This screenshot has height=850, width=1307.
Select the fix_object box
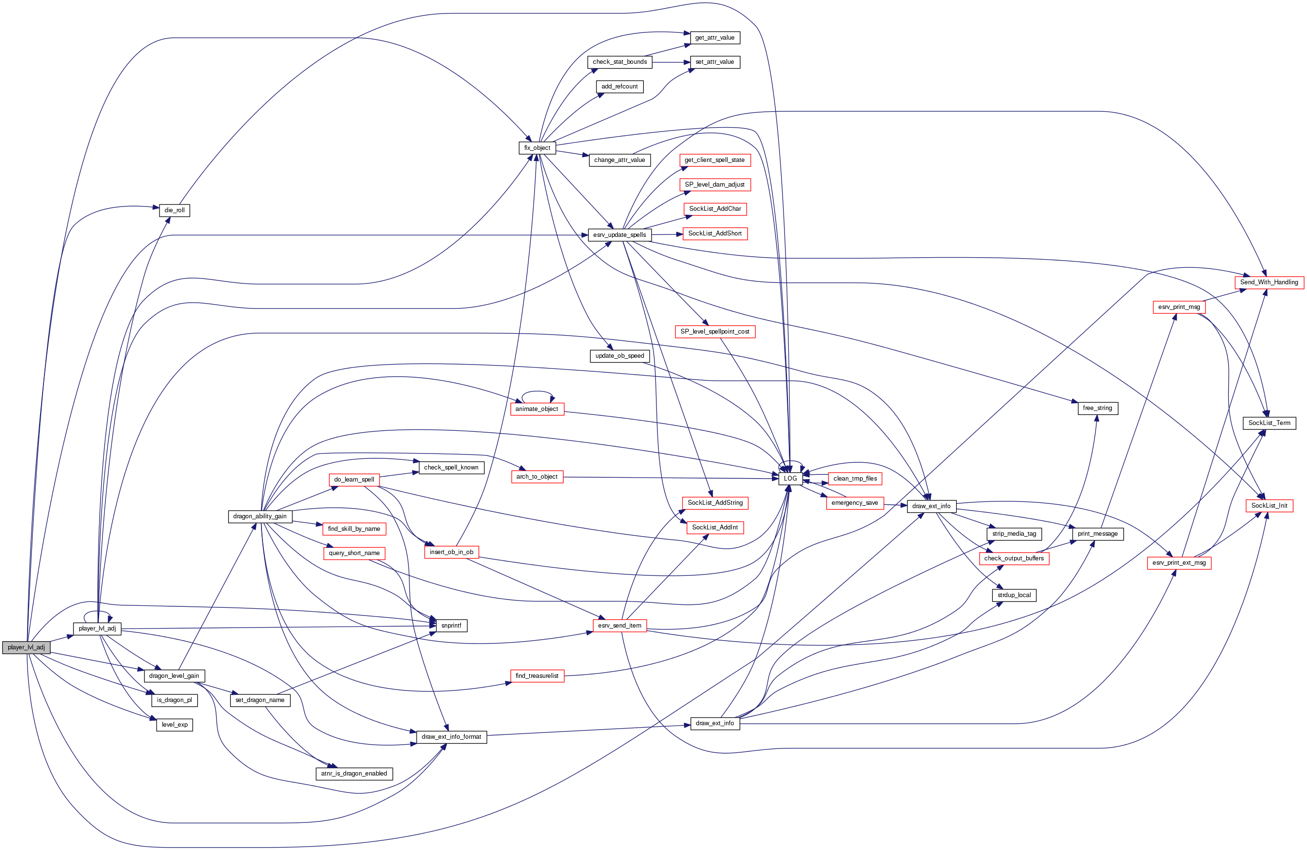pos(537,148)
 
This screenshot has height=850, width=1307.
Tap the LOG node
pos(790,479)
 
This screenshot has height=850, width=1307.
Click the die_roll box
pos(174,210)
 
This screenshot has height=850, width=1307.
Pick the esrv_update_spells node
pos(620,234)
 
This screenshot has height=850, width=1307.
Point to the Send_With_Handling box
pos(1269,282)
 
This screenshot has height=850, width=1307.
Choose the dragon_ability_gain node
pos(260,516)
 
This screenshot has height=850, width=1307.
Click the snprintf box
pos(451,625)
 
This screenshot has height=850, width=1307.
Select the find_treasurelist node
pos(537,676)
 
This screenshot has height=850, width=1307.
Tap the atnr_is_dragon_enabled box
pos(354,774)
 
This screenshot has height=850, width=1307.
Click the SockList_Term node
pos(1269,423)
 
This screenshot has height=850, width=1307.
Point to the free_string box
pos(1098,408)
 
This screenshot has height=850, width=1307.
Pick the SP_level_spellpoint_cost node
pos(715,332)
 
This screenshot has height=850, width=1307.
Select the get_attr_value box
pos(714,38)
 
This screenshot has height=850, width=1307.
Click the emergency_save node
pos(855,503)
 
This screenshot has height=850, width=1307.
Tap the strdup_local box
pos(1014,595)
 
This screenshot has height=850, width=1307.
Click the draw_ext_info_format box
pos(451,737)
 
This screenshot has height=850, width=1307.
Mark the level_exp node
pos(174,725)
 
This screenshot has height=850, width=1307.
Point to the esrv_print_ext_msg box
pos(1179,563)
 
